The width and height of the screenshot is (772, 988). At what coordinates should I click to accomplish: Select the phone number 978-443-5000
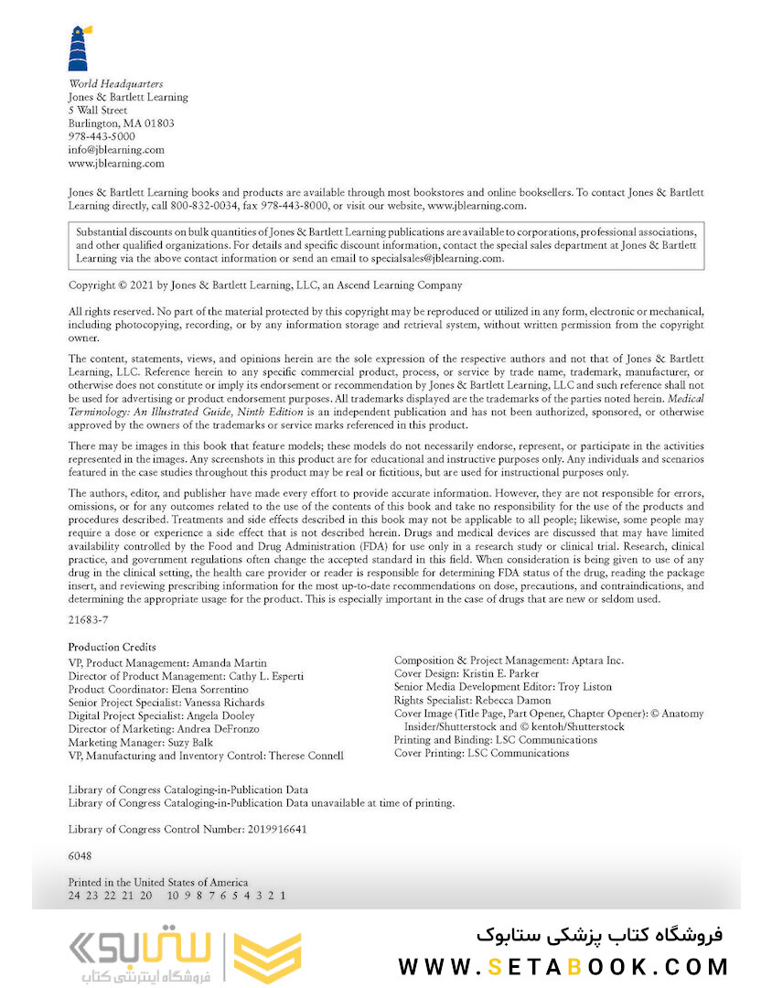102,136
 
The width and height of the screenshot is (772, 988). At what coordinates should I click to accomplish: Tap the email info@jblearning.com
116,150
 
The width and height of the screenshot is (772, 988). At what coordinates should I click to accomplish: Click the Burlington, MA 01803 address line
121,123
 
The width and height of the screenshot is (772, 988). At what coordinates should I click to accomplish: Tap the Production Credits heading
112,647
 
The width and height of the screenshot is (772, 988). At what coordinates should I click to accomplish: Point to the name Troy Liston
585,686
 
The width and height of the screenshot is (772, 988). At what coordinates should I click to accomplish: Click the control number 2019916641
278,829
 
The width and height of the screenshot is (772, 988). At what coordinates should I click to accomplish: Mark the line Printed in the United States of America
157,883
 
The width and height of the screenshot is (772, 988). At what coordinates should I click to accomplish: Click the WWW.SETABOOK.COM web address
563,967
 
